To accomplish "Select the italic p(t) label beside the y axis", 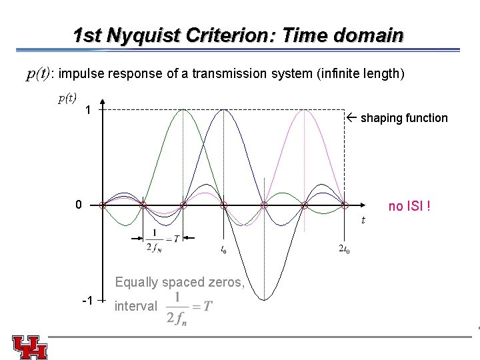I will (67, 98).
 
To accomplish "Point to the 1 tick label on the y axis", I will (88, 109).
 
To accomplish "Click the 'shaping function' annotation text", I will (403, 118).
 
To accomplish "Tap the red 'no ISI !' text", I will (409, 206).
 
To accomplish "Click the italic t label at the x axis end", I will (363, 220).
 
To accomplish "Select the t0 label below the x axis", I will (223, 250).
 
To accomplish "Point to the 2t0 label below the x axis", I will (344, 250).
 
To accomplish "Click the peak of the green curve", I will (183, 109).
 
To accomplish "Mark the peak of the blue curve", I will (224, 109).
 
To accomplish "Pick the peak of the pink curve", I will (304, 109).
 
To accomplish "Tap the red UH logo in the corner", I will (29, 347).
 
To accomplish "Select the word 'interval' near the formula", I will (136, 306).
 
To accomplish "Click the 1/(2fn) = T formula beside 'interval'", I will (191, 307).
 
